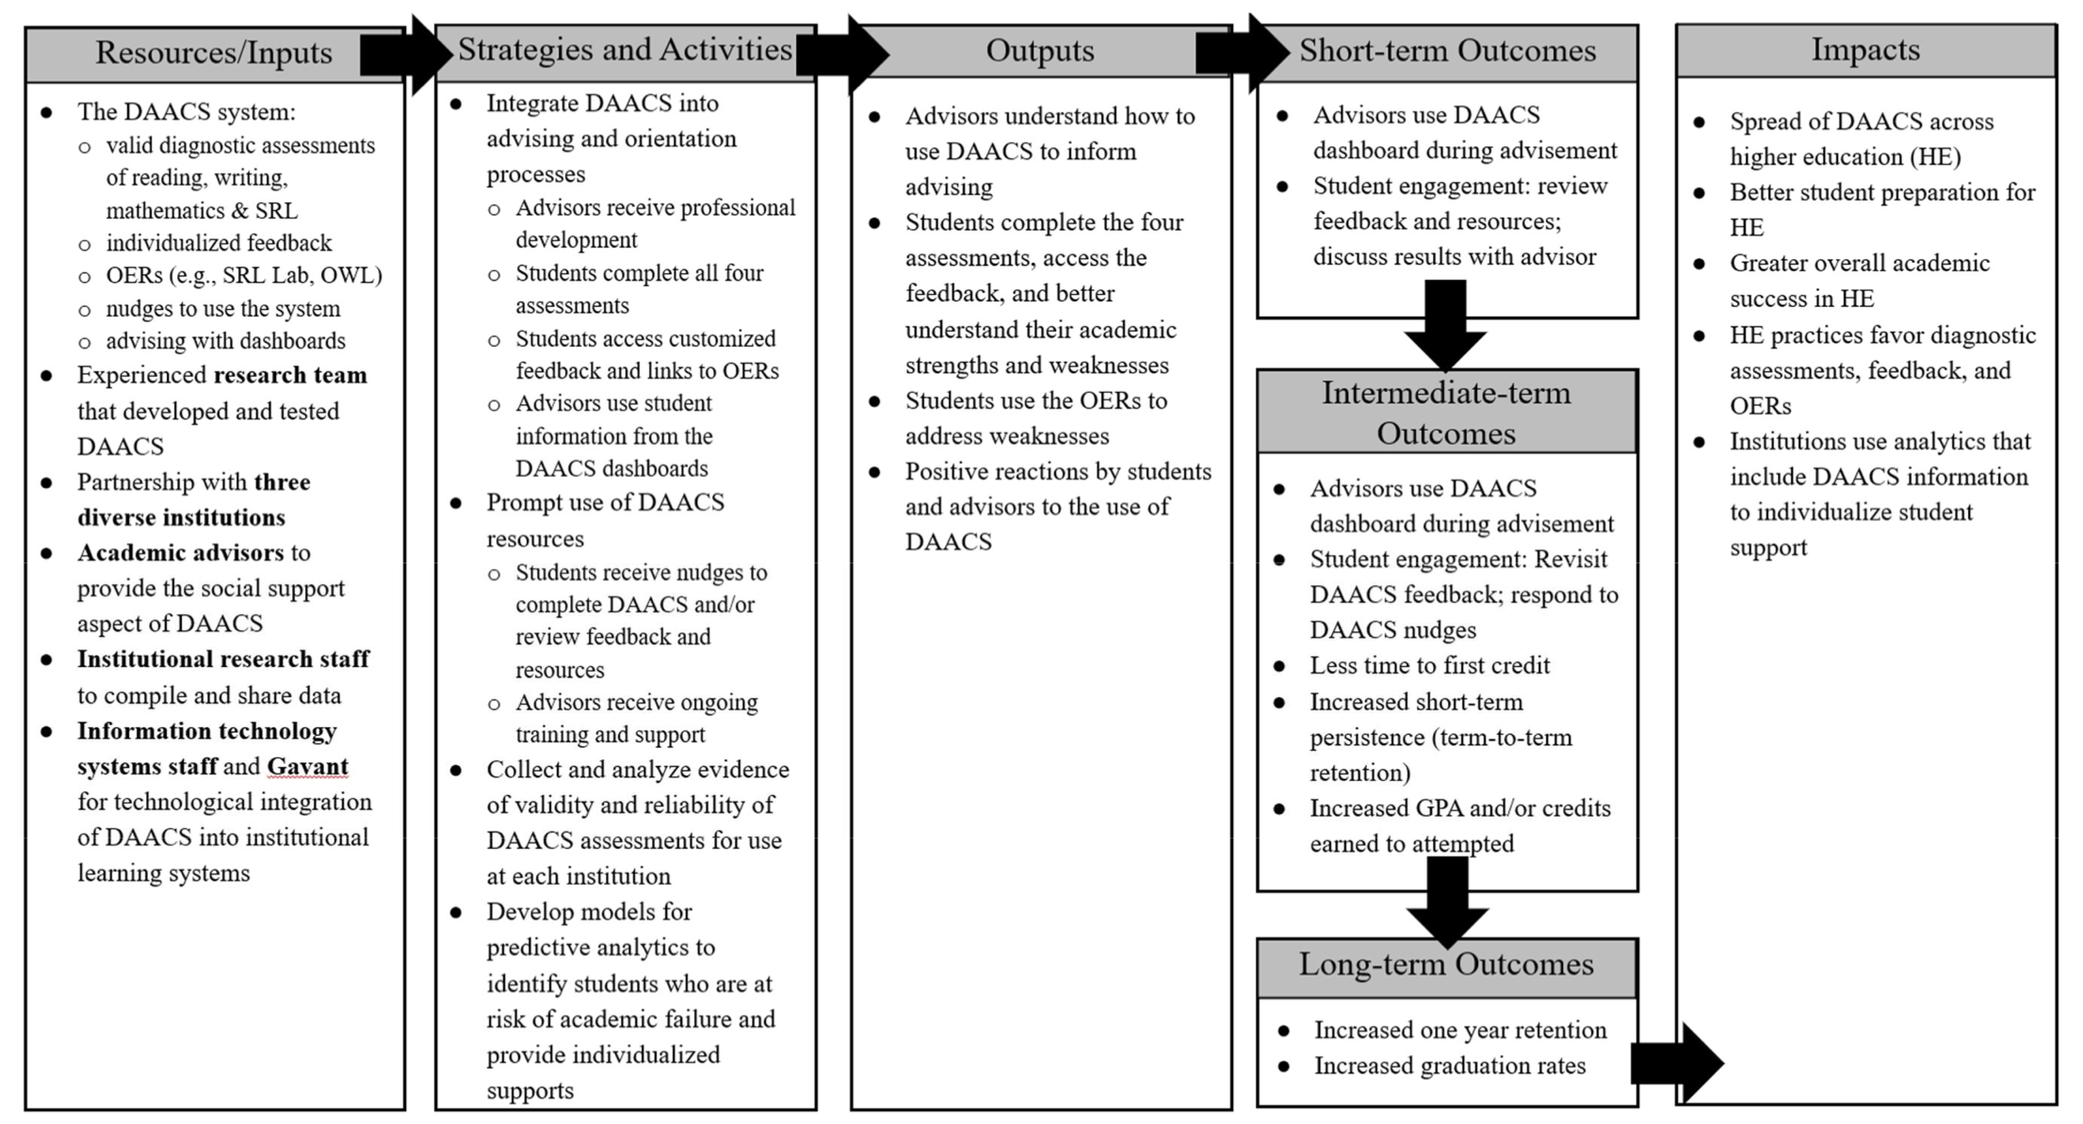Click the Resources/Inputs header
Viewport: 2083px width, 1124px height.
[x=214, y=53]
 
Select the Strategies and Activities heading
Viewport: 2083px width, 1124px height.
[x=625, y=50]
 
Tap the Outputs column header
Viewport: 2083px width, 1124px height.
[x=1040, y=51]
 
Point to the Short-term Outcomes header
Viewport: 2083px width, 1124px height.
[x=1447, y=51]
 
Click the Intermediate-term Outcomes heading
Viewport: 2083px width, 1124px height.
[x=1446, y=413]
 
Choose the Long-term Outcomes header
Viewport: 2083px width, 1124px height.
[x=1446, y=965]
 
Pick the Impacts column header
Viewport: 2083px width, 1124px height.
[x=1865, y=50]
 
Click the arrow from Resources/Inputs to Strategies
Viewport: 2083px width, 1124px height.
[x=406, y=55]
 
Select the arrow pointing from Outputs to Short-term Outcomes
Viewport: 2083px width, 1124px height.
[x=1243, y=54]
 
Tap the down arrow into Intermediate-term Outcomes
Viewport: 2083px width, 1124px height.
[x=1445, y=325]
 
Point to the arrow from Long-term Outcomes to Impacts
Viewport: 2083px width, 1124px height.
[x=1678, y=1063]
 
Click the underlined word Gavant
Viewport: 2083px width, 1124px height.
[x=307, y=767]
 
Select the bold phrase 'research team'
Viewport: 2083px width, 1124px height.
[x=290, y=375]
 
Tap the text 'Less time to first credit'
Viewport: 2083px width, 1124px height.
[x=1429, y=665]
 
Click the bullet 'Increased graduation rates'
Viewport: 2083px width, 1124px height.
[x=1450, y=1066]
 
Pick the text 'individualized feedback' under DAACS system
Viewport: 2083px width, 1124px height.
[x=219, y=243]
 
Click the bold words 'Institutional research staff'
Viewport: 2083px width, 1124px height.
[x=223, y=659]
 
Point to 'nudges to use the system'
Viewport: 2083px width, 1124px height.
[x=223, y=309]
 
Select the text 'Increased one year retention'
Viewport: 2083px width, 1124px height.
[x=1460, y=1030]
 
